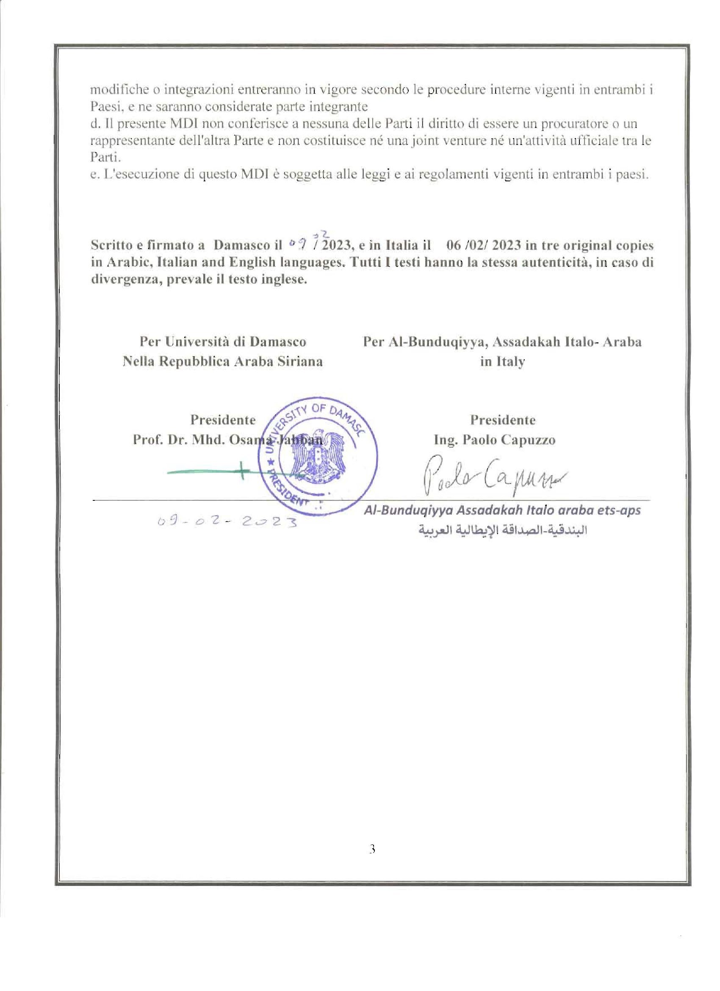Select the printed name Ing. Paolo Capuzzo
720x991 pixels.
pyautogui.click(x=494, y=440)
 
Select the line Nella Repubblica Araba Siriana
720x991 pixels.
pyautogui.click(x=222, y=361)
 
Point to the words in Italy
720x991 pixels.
pyautogui.click(x=502, y=361)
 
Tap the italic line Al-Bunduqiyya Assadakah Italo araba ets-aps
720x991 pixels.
pyautogui.click(x=502, y=511)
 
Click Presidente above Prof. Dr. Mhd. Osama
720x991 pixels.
pyautogui.click(x=222, y=420)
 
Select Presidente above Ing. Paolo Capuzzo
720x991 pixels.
pyautogui.click(x=502, y=420)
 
